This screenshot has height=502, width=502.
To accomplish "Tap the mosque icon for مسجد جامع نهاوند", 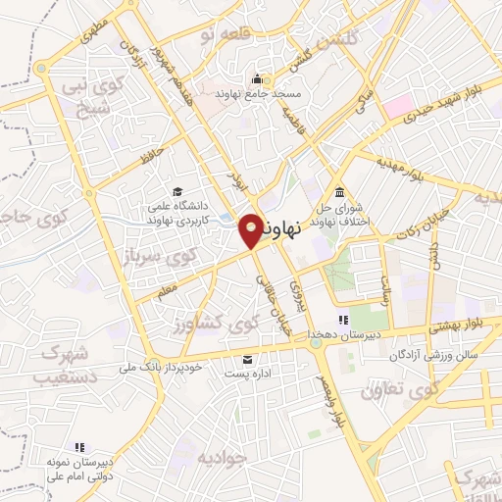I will click(x=258, y=79).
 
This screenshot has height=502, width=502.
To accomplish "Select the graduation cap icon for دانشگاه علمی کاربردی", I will click(x=177, y=191).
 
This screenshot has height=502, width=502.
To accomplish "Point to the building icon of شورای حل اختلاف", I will click(x=339, y=191).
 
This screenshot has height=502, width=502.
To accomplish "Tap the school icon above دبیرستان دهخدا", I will click(x=343, y=320).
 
